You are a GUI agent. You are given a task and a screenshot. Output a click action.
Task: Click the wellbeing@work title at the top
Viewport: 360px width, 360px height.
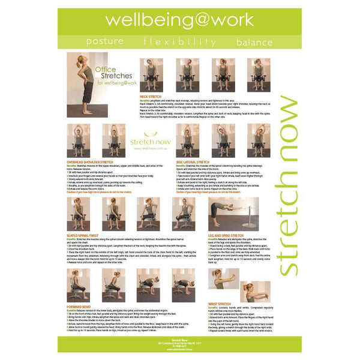(x=179, y=19)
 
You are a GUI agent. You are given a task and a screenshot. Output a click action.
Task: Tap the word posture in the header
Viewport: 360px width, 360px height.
(x=105, y=42)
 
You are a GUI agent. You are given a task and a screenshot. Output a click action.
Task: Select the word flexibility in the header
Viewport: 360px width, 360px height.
(x=179, y=42)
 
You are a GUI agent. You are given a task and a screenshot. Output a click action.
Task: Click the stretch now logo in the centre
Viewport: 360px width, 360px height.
(x=150, y=140)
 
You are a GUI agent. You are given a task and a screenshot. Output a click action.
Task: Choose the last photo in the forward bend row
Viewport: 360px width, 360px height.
(x=183, y=286)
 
